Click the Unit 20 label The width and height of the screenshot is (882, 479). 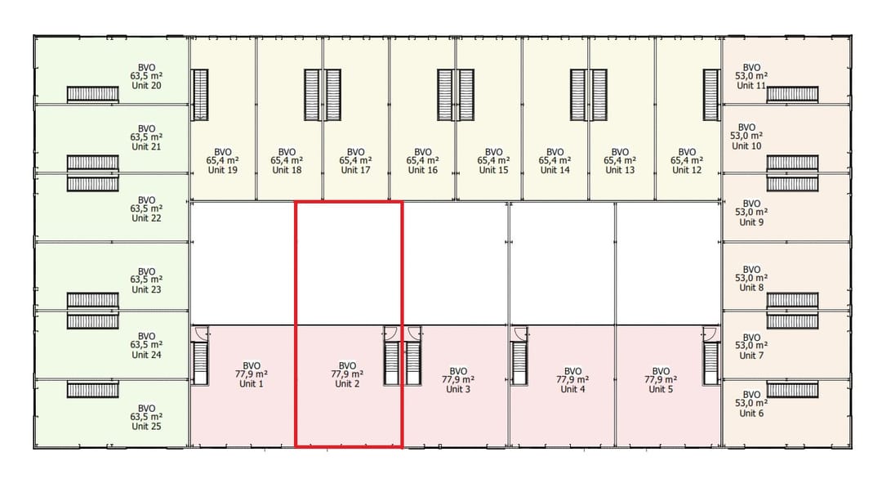pos(146,86)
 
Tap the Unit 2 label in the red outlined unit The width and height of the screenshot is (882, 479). pos(347,384)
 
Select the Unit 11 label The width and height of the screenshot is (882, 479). pos(751,86)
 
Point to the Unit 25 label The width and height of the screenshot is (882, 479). pos(146,426)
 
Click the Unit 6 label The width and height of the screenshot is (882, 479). pos(751,414)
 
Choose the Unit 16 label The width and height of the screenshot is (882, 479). pos(422,170)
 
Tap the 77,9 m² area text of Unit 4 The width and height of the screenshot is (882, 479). pos(573,380)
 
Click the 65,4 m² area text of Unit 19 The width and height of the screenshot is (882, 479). pos(222,161)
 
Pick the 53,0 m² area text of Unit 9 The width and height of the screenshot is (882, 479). pos(751,213)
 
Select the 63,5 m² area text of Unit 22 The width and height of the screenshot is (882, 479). pos(146,209)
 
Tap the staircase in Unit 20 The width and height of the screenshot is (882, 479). pos(92,95)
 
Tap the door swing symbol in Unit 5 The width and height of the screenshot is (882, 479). pos(710,333)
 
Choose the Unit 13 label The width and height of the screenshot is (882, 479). pos(620,170)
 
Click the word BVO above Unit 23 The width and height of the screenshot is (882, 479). pos(146,271)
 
